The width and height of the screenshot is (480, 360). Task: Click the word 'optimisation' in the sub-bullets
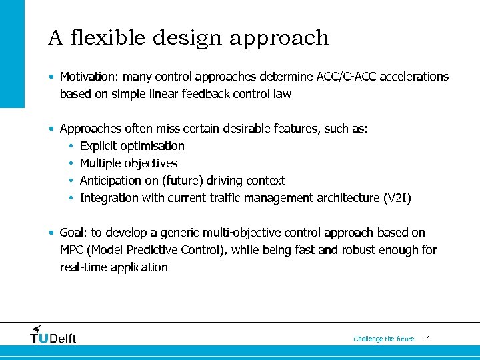point(153,146)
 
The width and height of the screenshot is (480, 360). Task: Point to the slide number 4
point(427,339)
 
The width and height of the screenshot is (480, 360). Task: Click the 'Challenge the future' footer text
point(383,339)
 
